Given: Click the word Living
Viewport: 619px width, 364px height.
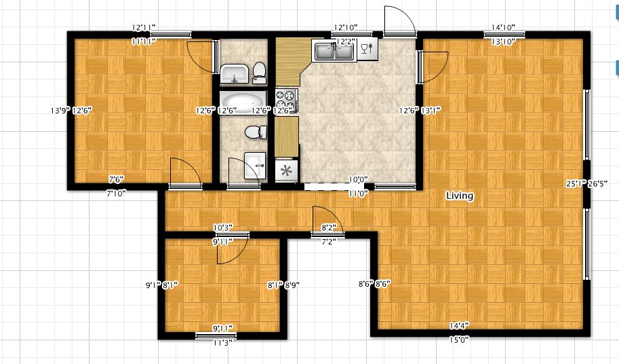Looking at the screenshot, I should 459,196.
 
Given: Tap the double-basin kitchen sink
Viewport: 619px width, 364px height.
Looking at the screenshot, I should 334,50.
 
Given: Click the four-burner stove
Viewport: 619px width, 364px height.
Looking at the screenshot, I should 286,102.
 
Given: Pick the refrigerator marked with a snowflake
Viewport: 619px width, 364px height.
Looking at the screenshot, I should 286,170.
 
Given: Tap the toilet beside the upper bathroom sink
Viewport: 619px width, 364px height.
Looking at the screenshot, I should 258,70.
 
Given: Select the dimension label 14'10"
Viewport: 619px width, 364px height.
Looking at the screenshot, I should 502,28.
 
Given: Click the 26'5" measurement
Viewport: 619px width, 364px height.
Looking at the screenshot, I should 599,183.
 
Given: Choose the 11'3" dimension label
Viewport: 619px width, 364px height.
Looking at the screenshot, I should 221,342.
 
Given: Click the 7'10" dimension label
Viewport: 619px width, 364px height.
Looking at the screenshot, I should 117,194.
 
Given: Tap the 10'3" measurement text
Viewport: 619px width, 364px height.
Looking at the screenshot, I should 223,227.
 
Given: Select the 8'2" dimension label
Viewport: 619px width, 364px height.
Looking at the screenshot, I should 329,228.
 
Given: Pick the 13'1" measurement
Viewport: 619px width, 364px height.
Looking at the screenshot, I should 431,111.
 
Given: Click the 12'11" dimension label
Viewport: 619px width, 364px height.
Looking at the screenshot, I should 144,28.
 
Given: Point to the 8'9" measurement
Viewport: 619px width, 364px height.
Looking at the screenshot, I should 292,286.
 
